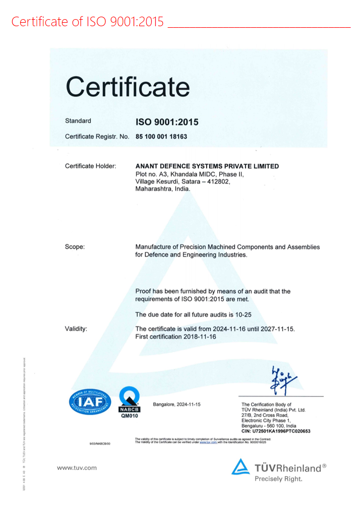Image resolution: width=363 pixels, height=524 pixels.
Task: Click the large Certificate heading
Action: tap(128, 87)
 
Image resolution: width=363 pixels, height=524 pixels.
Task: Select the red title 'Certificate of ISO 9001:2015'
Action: tap(88, 22)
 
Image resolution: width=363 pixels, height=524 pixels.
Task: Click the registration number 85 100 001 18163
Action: tap(161, 137)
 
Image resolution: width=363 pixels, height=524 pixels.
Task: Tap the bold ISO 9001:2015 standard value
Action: tap(167, 122)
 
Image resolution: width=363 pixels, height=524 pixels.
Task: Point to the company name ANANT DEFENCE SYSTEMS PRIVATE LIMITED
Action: tap(207, 166)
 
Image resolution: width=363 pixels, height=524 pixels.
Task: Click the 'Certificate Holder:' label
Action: tap(91, 166)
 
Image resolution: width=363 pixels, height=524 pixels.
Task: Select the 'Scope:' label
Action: tap(75, 247)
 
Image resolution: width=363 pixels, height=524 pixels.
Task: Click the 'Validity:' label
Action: tap(76, 329)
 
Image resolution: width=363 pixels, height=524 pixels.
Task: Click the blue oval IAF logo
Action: tap(89, 402)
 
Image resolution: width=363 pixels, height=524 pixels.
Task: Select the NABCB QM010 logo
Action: tap(129, 402)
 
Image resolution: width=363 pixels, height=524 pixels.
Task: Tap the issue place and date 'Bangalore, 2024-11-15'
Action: tap(176, 405)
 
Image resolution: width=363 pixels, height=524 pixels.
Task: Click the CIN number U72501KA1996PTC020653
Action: tap(276, 431)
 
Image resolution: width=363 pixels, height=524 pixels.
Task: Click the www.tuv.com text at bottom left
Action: tap(77, 468)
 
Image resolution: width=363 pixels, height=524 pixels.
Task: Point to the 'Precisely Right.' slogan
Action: tap(278, 479)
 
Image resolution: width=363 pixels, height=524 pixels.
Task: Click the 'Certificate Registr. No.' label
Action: tap(97, 137)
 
